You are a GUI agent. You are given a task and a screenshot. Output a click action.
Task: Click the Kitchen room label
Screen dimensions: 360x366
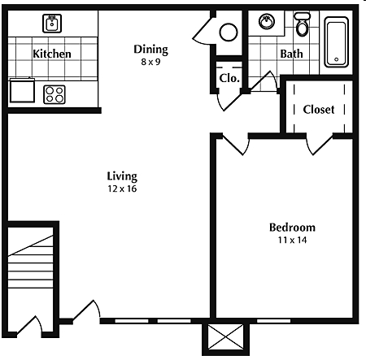(52, 54)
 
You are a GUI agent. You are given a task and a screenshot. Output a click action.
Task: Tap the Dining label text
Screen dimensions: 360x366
(151, 50)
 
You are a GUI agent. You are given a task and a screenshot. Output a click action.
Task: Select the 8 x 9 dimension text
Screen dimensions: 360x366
(151, 63)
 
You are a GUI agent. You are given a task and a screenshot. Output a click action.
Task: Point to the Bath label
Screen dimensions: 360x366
(290, 54)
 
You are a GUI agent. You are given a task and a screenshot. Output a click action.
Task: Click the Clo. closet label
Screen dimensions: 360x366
(229, 79)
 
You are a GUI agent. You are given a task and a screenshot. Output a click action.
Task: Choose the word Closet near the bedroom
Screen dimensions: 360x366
(318, 110)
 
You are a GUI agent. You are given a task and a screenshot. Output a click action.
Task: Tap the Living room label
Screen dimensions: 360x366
(122, 176)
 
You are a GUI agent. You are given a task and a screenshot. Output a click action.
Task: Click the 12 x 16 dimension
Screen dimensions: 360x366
(122, 189)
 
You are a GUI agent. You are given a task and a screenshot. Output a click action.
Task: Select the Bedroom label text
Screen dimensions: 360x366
(292, 228)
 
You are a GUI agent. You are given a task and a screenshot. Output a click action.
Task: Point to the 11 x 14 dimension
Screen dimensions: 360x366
(292, 241)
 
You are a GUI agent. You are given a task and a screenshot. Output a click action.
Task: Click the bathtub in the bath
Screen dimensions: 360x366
(337, 42)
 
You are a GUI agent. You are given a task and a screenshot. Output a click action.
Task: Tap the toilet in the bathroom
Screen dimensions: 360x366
(303, 26)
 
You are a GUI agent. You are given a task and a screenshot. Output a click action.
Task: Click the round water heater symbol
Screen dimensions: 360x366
(229, 32)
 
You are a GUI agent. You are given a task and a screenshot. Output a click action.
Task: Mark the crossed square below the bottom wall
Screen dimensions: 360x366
(224, 337)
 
